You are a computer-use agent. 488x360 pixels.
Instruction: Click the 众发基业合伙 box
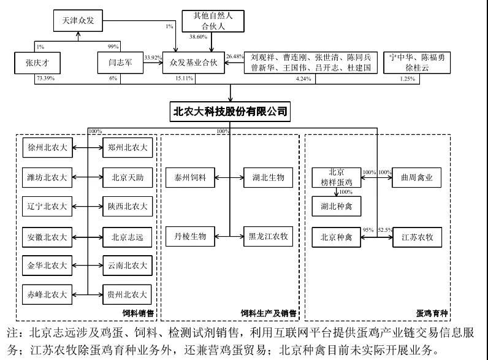pyautogui.click(x=194, y=63)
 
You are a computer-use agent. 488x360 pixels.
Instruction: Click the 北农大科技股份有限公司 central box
pyautogui.click(x=231, y=112)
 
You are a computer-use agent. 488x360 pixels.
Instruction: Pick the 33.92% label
pyautogui.click(x=153, y=58)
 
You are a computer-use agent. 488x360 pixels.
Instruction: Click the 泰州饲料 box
pyautogui.click(x=190, y=178)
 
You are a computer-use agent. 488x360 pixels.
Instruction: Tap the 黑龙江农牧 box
pyautogui.click(x=267, y=236)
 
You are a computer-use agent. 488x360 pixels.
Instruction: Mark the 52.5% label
pyautogui.click(x=385, y=230)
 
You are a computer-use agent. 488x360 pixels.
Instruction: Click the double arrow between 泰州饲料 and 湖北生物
pyautogui.click(x=229, y=178)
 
